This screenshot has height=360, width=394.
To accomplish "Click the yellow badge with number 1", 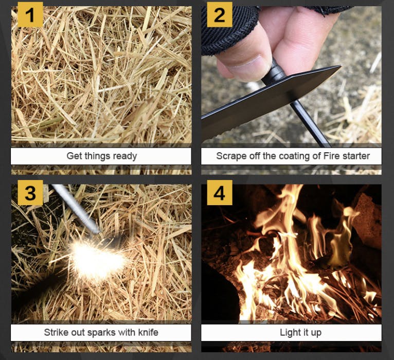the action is pos(30,14).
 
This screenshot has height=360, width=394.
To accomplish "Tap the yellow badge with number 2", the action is pos(220,14).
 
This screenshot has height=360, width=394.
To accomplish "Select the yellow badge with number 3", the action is pos(30,193).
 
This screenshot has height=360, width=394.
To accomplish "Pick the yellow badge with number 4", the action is pos(220,193).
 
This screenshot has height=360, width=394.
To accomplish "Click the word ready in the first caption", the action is pos(125,156).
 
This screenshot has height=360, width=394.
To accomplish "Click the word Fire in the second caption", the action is pos(331,156).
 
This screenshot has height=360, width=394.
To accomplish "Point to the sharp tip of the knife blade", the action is pos(341,66).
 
